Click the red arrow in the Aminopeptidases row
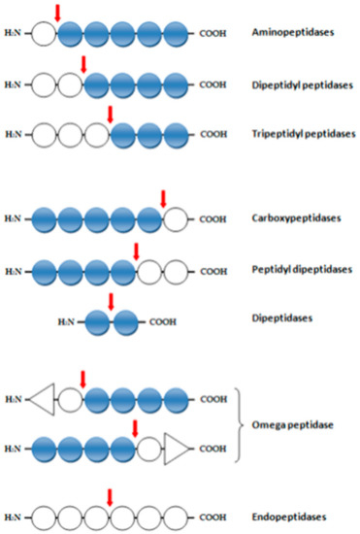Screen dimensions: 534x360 click(57, 13)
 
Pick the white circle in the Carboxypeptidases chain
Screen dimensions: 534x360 click(176, 218)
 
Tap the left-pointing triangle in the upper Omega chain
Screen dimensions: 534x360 click(41, 398)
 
